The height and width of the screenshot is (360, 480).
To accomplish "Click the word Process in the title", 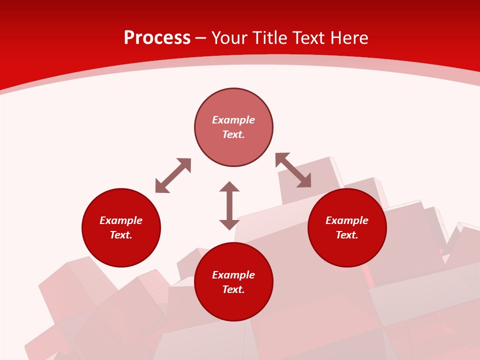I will [157, 38].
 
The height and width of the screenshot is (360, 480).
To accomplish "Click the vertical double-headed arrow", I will [229, 205].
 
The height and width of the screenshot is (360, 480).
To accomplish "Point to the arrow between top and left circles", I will [173, 175].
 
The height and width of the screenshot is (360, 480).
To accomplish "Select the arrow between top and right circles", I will [293, 170].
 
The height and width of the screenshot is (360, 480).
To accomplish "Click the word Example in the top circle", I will [233, 120].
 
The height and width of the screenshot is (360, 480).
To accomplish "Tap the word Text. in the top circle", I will [233, 134].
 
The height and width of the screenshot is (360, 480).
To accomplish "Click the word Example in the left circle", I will [121, 220].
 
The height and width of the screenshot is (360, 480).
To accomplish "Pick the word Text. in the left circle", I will [121, 235].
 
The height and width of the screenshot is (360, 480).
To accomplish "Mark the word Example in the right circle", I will [347, 220].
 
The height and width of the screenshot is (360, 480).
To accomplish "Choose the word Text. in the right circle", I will [347, 235].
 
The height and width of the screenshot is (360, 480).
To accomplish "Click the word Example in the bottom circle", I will [233, 275].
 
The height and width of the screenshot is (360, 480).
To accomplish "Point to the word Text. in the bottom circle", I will [233, 289].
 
